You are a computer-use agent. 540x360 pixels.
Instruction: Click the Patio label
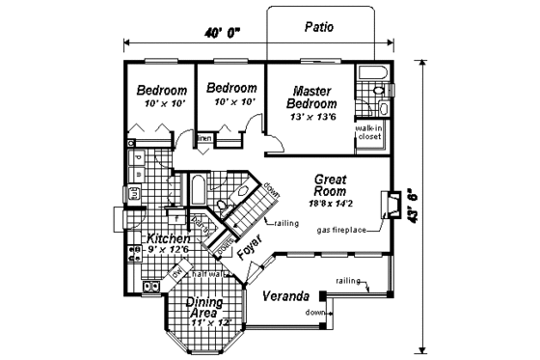317,27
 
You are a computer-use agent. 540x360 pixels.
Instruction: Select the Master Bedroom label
313,97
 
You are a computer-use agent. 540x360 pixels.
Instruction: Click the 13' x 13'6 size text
313,117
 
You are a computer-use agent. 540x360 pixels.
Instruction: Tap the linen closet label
204,139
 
